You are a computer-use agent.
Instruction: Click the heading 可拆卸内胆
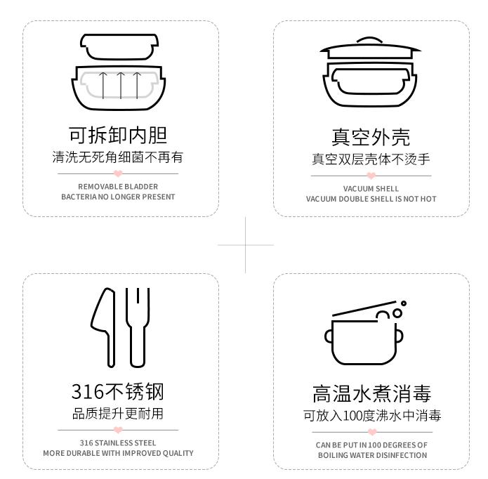pyautogui.click(x=118, y=134)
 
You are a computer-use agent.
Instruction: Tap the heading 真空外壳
pyautogui.click(x=371, y=136)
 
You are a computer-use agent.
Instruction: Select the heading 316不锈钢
pyautogui.click(x=118, y=391)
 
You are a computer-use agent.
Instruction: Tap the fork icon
pyautogui.click(x=138, y=327)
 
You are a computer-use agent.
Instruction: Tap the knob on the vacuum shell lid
pyautogui.click(x=370, y=41)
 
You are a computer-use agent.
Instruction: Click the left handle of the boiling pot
pyautogui.click(x=329, y=336)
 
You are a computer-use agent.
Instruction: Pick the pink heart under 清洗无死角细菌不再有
pyautogui.click(x=118, y=173)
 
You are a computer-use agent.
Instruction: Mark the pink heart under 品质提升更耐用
pyautogui.click(x=118, y=430)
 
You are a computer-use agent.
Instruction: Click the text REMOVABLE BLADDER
pyautogui.click(x=118, y=187)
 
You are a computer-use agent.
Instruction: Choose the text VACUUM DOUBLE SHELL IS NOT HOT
pyautogui.click(x=371, y=199)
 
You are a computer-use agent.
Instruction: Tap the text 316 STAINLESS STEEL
pyautogui.click(x=118, y=443)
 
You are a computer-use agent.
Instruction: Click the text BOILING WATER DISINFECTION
pyautogui.click(x=371, y=455)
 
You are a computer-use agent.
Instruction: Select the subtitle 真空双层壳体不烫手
pyautogui.click(x=371, y=159)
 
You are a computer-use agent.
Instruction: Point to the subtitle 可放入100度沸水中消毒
pyautogui.click(x=371, y=416)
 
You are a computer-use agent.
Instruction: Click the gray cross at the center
pyautogui.click(x=245, y=245)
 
